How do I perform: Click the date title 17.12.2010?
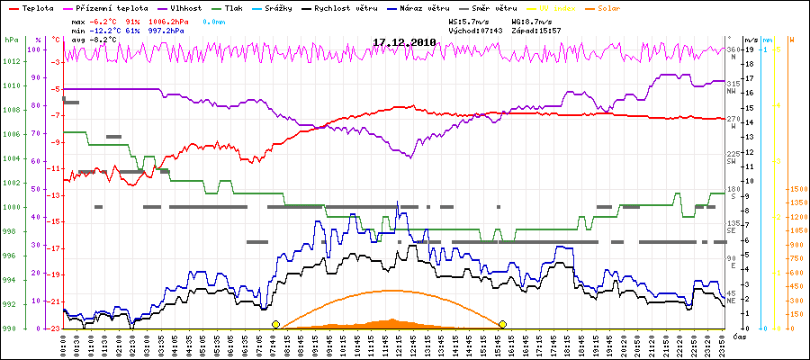coord(404,42)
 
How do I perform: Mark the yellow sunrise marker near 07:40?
coord(275,324)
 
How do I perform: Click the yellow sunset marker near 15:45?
coord(502,324)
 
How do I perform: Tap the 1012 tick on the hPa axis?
coord(12,61)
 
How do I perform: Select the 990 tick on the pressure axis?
coord(10,328)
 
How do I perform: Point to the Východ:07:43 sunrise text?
coord(477,30)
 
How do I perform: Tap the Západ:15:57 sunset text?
coord(535,30)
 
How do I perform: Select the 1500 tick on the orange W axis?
coord(798,189)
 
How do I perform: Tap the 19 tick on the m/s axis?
coord(749,49)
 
